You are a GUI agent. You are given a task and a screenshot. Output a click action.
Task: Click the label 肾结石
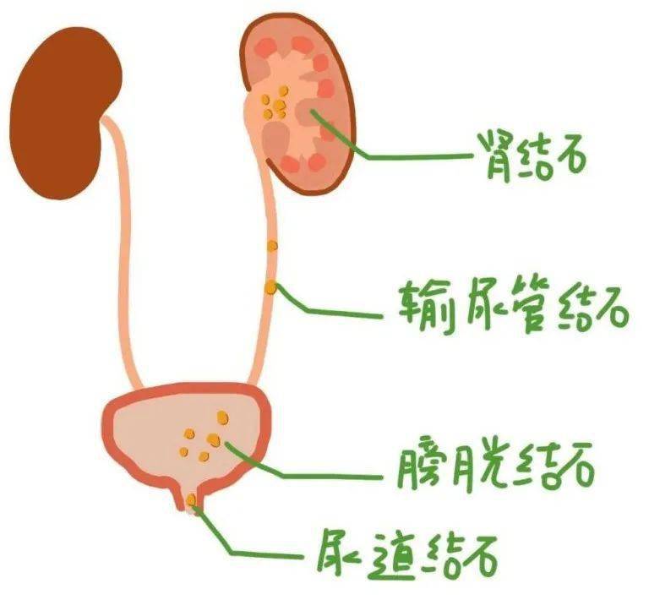(x=532, y=156)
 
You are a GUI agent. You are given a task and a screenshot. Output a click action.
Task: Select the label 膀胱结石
(x=495, y=467)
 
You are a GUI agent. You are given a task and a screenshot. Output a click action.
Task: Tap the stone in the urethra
(x=191, y=500)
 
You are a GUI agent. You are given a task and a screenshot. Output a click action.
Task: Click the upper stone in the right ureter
(x=272, y=246)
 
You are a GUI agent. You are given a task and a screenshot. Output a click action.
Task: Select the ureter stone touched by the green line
(x=270, y=287)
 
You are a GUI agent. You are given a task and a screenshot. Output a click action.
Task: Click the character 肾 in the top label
(x=495, y=156)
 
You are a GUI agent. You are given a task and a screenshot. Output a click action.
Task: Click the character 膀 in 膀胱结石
(x=417, y=466)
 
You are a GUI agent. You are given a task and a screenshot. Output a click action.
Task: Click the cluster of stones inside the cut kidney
(x=274, y=103)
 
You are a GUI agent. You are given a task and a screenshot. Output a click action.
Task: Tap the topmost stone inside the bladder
(x=223, y=418)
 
